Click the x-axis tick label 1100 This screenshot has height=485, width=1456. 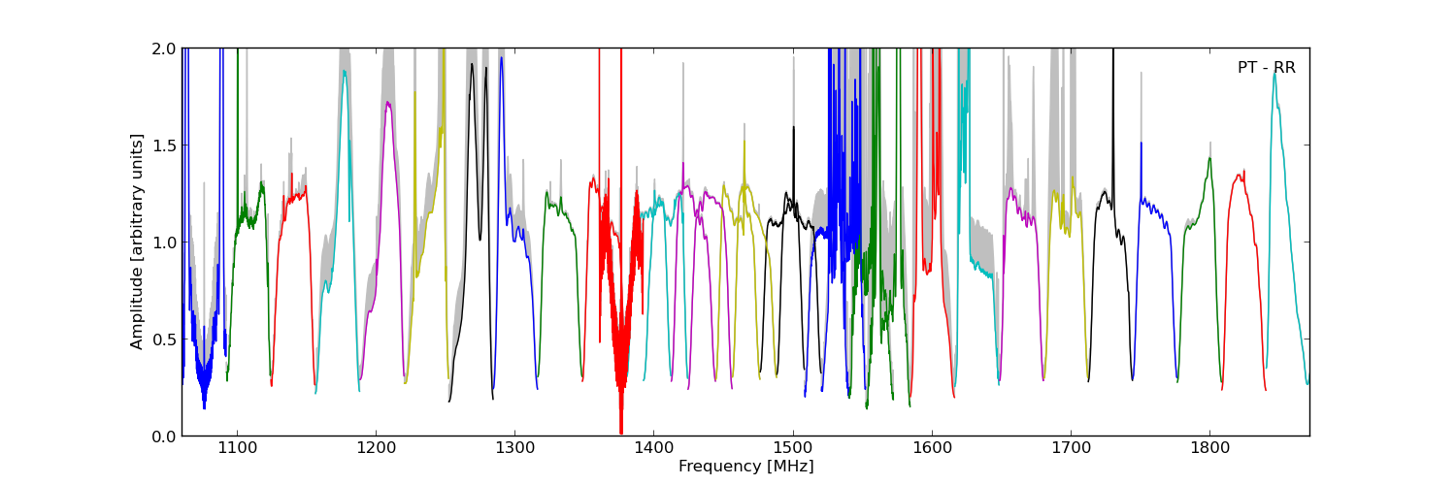[x=236, y=449]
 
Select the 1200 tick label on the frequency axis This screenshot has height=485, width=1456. [x=375, y=449]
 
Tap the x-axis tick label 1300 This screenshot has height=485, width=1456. [x=513, y=449]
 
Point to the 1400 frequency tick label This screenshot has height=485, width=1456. [x=652, y=449]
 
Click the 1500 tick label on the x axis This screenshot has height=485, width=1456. [x=792, y=449]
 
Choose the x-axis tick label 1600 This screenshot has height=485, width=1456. [x=931, y=449]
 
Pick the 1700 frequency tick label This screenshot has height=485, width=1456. [x=1070, y=449]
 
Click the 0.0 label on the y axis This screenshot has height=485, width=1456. [x=163, y=436]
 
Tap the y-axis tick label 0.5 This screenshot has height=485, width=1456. [x=163, y=339]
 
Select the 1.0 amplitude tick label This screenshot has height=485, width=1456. [x=163, y=242]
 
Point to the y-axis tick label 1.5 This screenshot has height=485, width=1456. [x=163, y=145]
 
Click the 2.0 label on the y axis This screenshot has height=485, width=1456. [x=163, y=48]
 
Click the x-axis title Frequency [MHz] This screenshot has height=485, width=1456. [x=745, y=467]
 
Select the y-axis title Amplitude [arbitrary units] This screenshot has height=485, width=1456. [x=137, y=242]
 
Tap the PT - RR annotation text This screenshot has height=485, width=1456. [x=1266, y=68]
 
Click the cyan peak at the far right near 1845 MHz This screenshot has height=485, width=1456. [x=1274, y=74]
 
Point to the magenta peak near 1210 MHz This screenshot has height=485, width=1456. [x=388, y=103]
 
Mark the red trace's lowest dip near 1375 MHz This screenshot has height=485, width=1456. [x=621, y=432]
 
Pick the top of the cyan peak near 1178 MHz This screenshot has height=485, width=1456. [x=344, y=71]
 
